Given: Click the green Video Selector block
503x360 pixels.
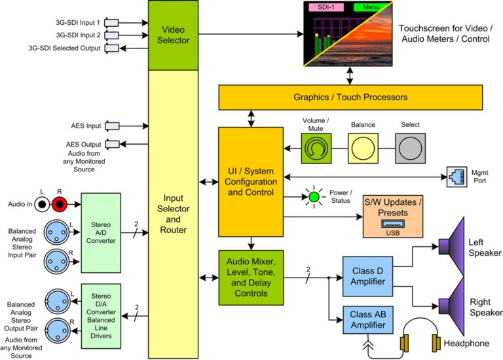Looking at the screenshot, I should (x=174, y=35).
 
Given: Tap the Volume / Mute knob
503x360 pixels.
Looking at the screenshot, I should (x=316, y=149).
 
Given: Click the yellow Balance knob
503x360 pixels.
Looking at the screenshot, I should (x=363, y=149).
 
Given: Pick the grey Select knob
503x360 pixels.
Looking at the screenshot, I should (x=410, y=149).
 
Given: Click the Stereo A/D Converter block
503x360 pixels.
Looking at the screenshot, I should (x=101, y=232).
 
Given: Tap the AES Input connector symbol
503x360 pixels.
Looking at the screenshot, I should (x=112, y=126).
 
